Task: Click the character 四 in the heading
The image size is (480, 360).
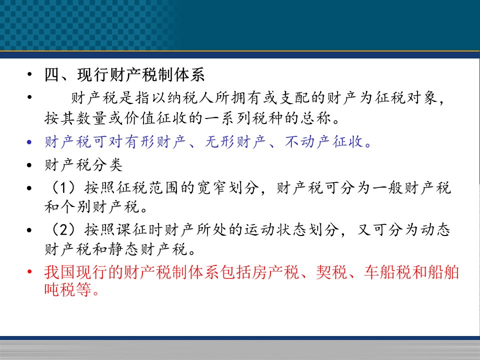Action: [52, 74]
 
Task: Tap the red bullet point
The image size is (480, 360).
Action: [29, 272]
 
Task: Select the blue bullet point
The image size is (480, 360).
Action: [29, 142]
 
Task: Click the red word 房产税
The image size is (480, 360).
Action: [275, 272]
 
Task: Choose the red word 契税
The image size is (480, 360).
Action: [331, 272]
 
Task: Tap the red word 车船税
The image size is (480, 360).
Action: [387, 272]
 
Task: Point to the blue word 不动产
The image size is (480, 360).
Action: [308, 141]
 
